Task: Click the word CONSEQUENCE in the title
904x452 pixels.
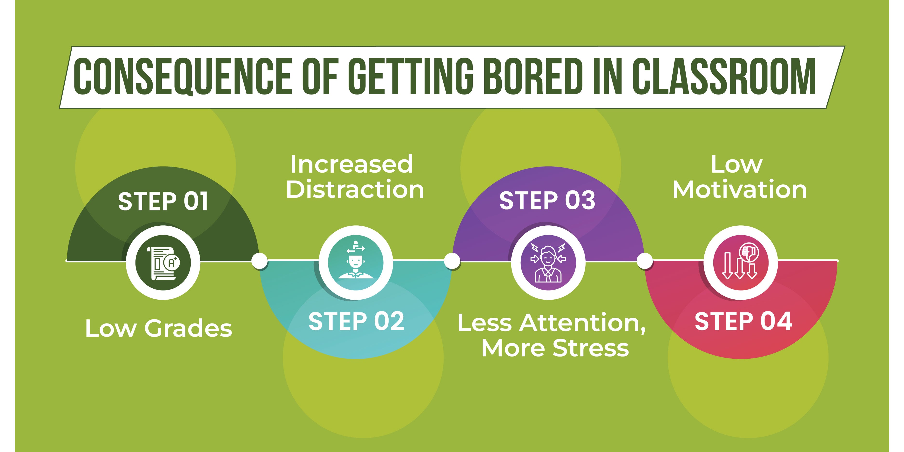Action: (x=182, y=76)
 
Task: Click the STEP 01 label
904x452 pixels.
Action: (x=163, y=202)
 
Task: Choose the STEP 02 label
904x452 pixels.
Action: (x=356, y=321)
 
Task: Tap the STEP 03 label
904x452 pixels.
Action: (x=547, y=201)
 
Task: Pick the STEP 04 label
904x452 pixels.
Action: (x=743, y=321)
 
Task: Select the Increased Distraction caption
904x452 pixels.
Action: (x=355, y=177)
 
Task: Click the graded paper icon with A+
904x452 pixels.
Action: (x=163, y=263)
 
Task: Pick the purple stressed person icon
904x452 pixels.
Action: (x=548, y=263)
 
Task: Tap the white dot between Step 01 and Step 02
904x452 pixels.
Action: (x=260, y=261)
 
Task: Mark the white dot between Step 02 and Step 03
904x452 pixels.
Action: (x=452, y=261)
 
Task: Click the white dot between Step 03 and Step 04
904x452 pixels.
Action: (x=645, y=261)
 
